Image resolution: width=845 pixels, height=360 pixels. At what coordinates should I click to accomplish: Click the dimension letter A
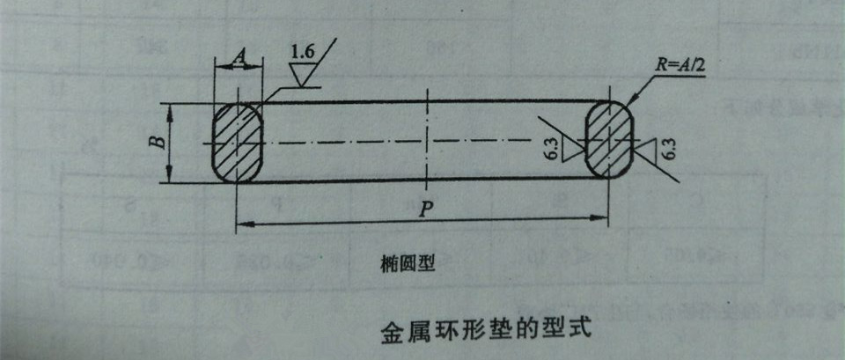click(238, 57)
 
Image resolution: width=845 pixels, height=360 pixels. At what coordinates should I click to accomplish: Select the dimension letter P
click(425, 209)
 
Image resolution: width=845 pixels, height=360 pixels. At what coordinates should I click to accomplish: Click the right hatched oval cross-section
click(610, 140)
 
